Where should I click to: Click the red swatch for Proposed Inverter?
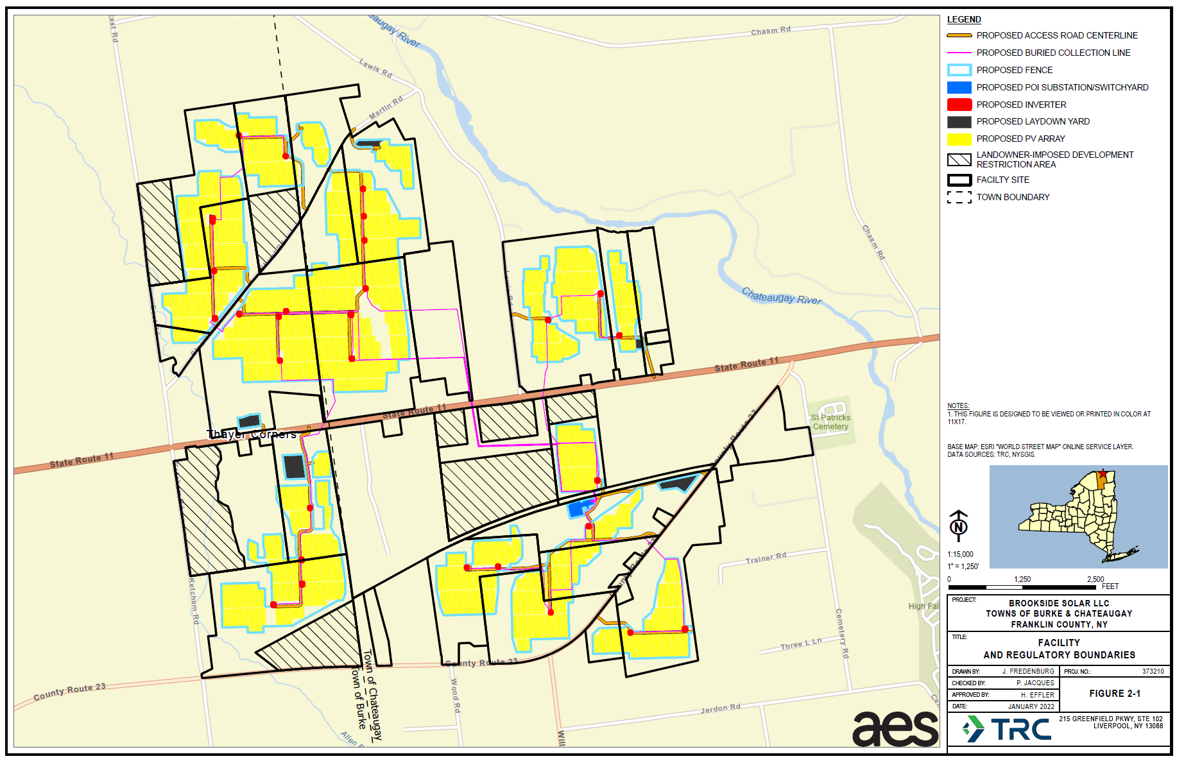tap(959, 105)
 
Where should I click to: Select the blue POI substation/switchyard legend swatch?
tap(959, 87)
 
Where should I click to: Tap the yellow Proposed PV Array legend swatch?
tap(959, 139)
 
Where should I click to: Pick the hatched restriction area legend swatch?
tap(959, 159)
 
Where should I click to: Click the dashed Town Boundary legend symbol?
tap(959, 197)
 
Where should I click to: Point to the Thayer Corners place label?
tap(252, 434)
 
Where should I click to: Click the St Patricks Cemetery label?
tap(830, 422)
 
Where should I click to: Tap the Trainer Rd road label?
tap(766, 558)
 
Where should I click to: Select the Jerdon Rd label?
tap(720, 708)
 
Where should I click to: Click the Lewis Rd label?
tap(375, 68)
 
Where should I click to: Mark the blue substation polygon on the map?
tap(580, 508)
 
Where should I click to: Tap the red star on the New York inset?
tap(1103, 474)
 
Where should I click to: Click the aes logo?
tap(895, 729)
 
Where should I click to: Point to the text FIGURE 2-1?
tap(1115, 694)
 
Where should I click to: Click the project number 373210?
tap(1153, 671)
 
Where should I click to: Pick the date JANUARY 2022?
tap(1031, 706)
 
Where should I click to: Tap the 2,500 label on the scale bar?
tap(1095, 579)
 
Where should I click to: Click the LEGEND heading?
tap(964, 19)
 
